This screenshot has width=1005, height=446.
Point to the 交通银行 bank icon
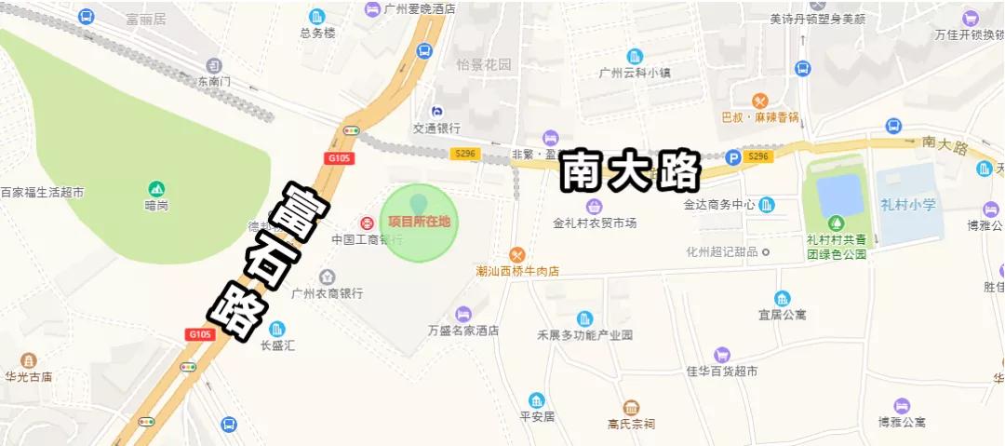click(436, 112)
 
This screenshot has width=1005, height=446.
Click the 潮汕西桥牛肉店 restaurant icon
click(517, 254)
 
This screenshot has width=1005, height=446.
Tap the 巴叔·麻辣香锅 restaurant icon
click(760, 101)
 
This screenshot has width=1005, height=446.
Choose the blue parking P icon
click(733, 157)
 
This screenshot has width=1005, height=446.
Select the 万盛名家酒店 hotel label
click(463, 331)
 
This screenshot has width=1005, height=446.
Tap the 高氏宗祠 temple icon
click(631, 408)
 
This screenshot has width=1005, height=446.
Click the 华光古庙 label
click(28, 377)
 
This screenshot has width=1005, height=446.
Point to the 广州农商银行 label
click(327, 293)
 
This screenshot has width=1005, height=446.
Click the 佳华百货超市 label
click(722, 372)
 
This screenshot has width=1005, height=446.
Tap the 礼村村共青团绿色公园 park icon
click(836, 223)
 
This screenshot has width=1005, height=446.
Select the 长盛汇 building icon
click(277, 329)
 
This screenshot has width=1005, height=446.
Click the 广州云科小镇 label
click(635, 73)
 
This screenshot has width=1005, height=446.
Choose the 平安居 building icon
click(536, 400)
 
